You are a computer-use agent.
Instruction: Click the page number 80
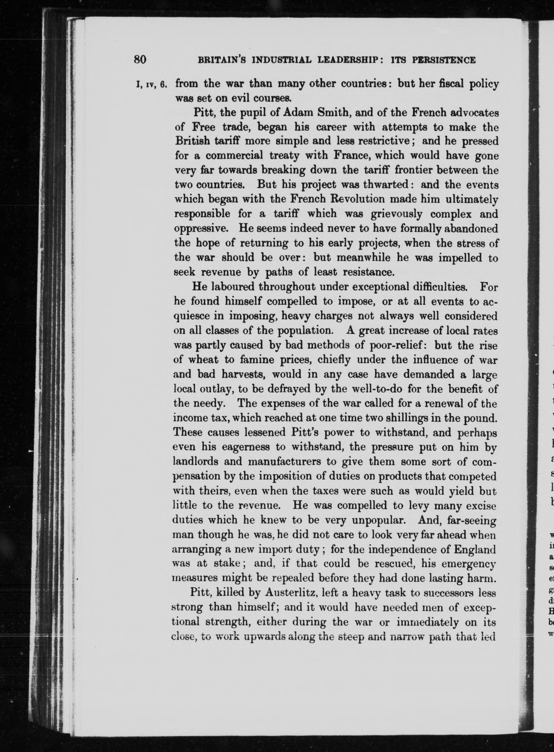140,59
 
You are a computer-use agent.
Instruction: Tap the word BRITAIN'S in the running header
221,60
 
